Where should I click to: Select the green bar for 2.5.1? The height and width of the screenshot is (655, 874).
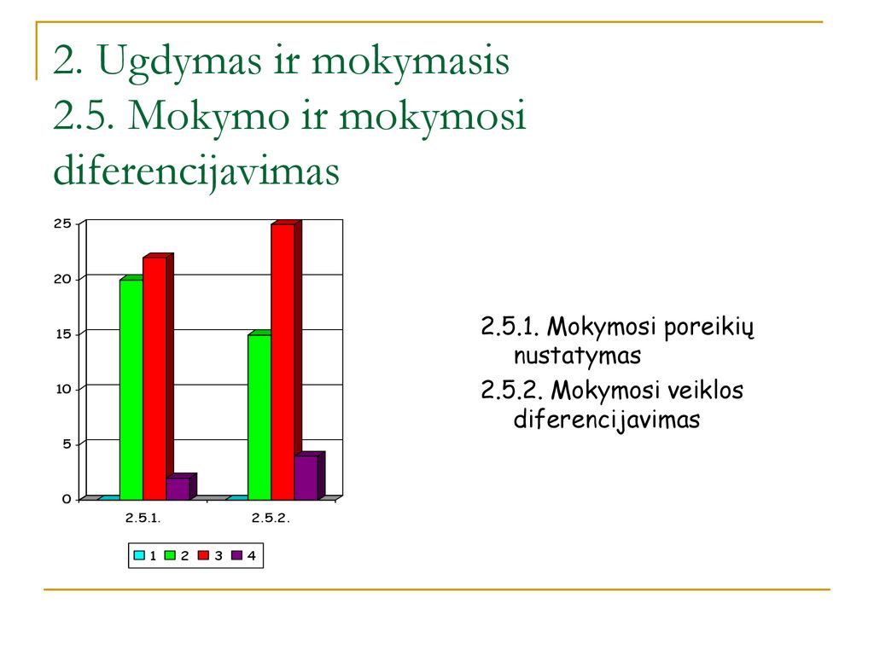(131, 389)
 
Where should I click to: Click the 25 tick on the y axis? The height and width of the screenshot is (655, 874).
(62, 224)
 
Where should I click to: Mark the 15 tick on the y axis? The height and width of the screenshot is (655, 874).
(62, 334)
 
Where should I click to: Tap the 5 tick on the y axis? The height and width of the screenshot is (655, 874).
(67, 443)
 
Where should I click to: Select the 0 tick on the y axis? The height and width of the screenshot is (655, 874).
(67, 499)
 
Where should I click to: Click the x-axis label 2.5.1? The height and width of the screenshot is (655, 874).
(143, 518)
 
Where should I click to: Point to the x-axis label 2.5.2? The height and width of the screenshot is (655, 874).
(271, 518)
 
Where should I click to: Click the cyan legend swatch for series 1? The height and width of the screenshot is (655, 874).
(139, 555)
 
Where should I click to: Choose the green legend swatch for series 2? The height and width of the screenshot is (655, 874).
(171, 555)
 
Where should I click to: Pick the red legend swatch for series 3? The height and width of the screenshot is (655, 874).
(203, 555)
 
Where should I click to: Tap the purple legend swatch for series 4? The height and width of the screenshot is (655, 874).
(237, 555)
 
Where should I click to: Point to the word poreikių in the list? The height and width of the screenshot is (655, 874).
(709, 327)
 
